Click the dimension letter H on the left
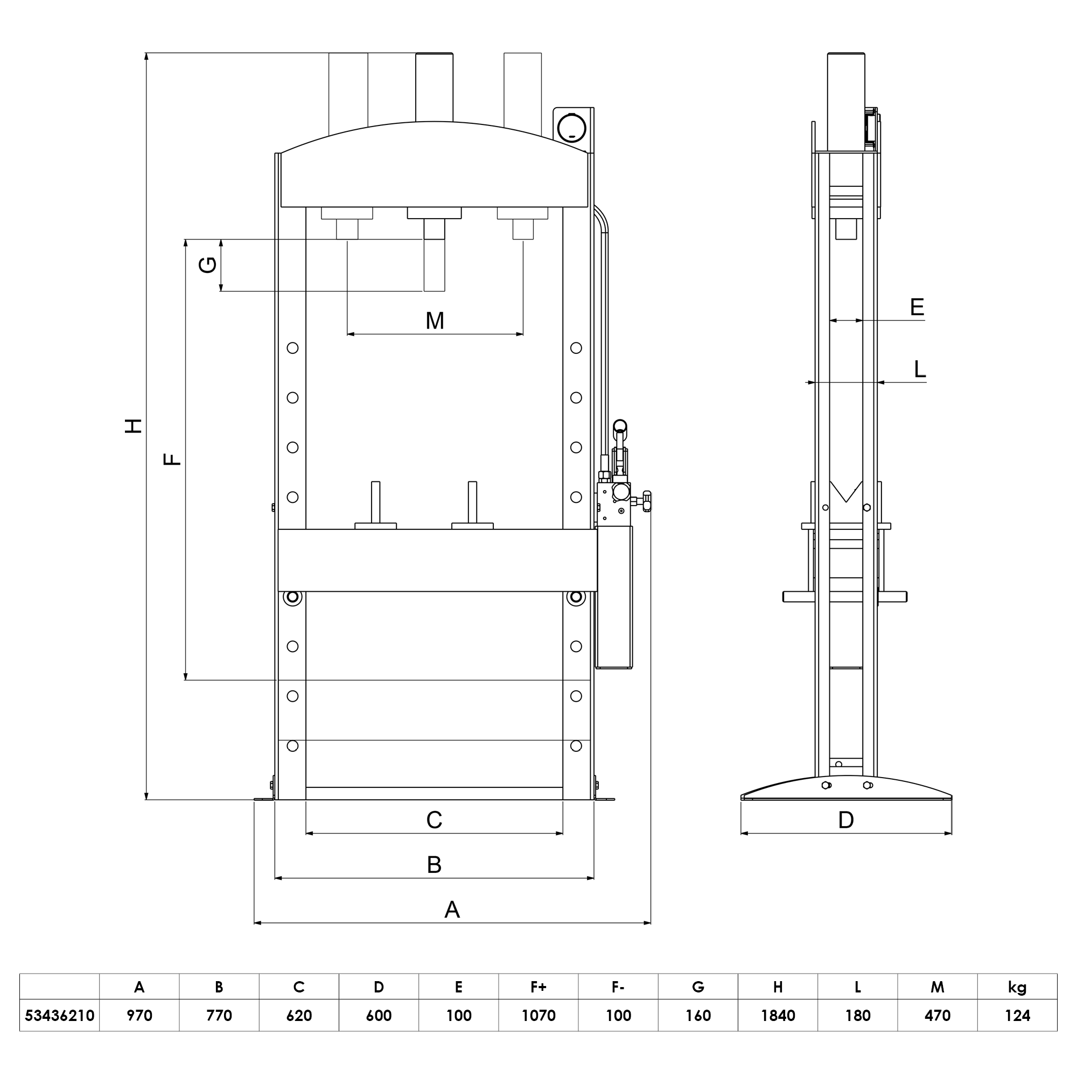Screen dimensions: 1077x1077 133,426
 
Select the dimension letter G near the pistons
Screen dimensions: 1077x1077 207,265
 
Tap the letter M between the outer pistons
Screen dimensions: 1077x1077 435,321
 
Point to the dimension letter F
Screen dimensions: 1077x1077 172,459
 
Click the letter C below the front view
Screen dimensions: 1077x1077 434,820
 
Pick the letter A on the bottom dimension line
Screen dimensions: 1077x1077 452,910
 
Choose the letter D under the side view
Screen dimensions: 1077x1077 845,820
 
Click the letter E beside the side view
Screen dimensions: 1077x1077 917,307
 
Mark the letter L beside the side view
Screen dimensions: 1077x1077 920,369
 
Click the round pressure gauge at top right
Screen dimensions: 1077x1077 571,128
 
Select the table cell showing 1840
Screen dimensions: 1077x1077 778,1016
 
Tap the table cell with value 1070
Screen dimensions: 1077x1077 538,1016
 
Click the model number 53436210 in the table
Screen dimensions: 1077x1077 60,1016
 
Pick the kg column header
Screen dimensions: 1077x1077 1017,987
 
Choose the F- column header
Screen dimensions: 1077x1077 618,987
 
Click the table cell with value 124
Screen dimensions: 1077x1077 1017,1016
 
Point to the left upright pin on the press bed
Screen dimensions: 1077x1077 376,502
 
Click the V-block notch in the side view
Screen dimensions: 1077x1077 845,493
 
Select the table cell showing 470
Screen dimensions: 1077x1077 937,1016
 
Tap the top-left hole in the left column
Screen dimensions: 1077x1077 292,348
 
